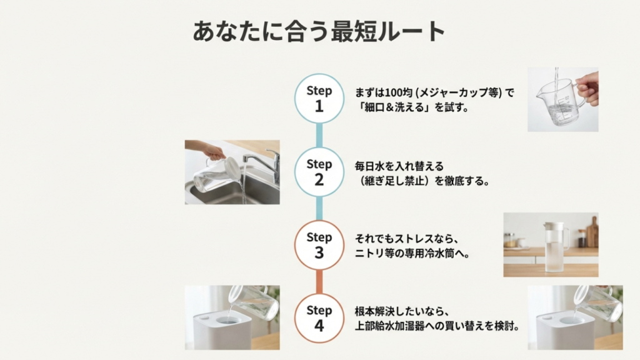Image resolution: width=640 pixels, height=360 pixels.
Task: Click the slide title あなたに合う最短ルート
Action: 319,31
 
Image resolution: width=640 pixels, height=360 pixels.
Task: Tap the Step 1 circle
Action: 319,98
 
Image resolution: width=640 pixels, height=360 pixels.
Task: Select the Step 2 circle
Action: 319,172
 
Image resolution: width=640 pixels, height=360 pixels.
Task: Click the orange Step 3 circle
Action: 319,245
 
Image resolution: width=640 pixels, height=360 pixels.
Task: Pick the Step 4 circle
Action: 319,318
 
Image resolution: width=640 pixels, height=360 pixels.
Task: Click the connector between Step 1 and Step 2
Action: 319,135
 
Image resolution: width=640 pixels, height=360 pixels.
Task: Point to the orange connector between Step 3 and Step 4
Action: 319,282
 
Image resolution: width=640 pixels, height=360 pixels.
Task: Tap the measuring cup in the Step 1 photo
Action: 558,100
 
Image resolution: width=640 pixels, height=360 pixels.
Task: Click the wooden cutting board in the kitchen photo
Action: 592,235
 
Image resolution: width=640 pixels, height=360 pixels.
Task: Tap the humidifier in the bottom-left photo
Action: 222,329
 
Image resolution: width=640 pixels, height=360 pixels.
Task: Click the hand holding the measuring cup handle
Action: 588,87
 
